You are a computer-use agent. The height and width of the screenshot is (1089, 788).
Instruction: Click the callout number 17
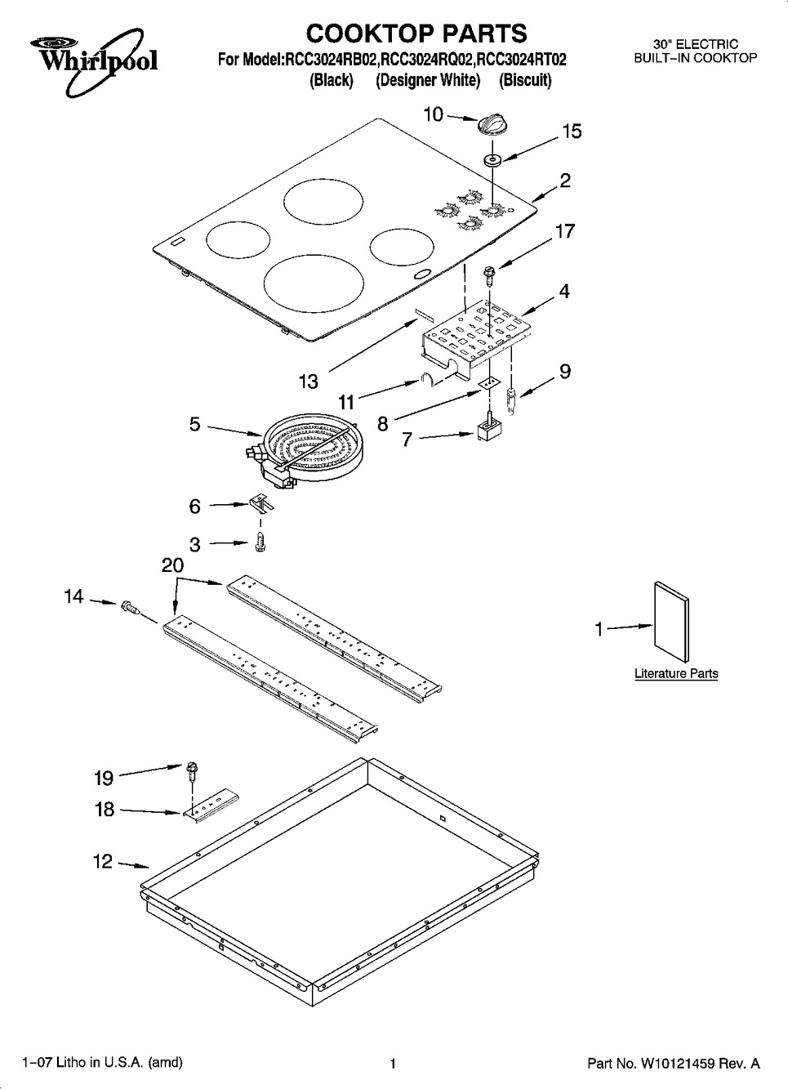(564, 231)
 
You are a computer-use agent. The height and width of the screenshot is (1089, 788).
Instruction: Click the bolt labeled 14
(130, 606)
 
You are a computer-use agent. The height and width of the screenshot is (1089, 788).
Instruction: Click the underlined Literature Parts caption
(676, 674)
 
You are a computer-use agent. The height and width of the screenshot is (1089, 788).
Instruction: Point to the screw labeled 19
(192, 769)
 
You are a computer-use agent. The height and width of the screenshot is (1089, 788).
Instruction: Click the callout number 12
(103, 862)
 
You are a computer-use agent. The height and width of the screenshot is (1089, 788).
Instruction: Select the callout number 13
(308, 381)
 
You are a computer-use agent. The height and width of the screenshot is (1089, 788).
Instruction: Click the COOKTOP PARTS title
(416, 33)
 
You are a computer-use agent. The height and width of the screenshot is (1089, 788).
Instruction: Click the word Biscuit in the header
(525, 81)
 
